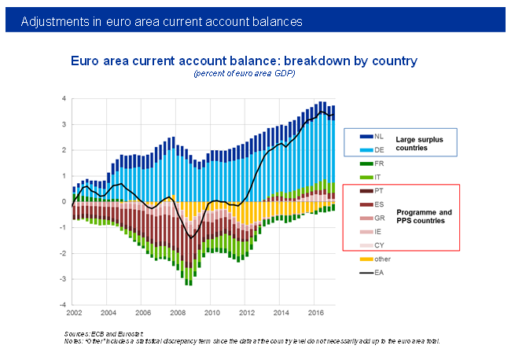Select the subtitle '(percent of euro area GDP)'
[244, 73]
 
